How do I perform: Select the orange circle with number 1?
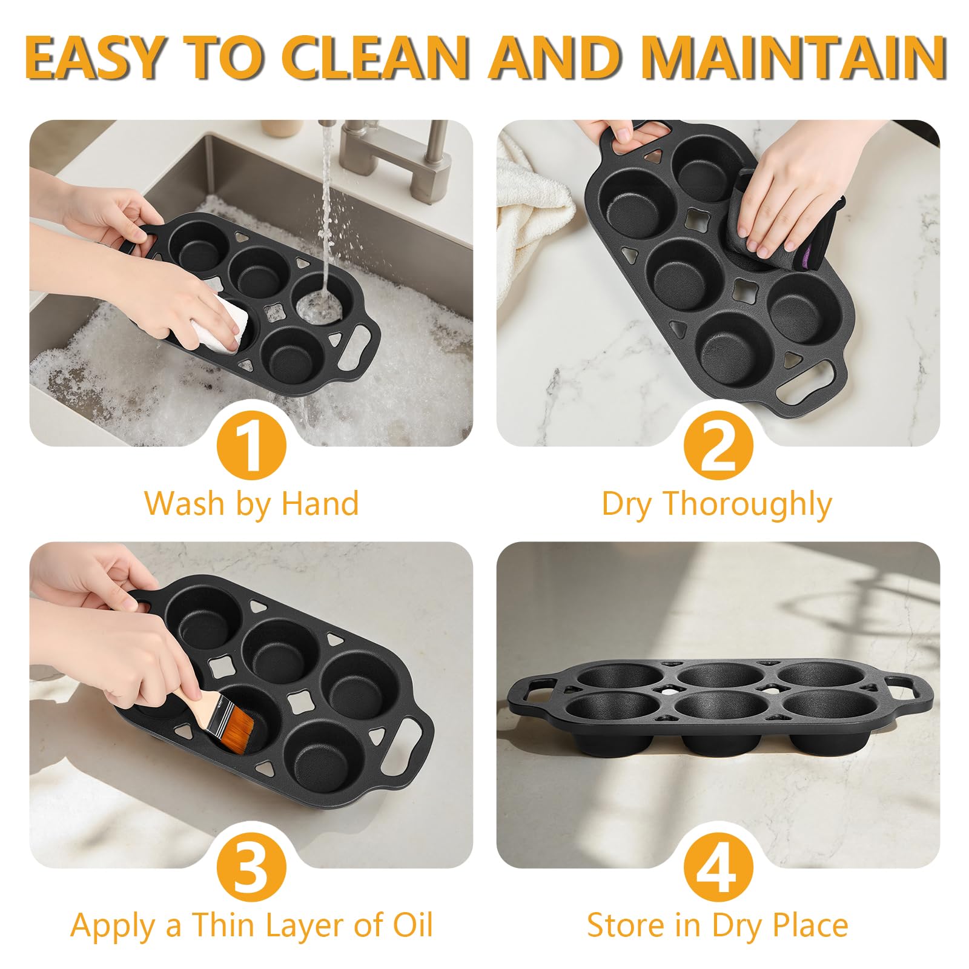[x=251, y=448]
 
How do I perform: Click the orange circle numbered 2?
[x=718, y=448]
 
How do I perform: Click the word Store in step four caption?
[x=626, y=925]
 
